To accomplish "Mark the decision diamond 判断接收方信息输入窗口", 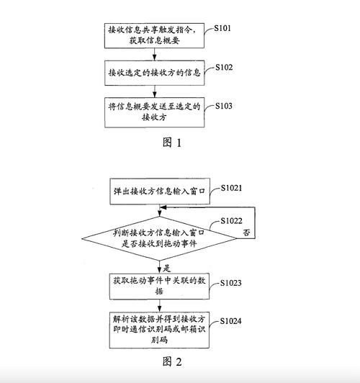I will coord(156,238).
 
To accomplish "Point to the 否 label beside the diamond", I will coord(247,235).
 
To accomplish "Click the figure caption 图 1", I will coord(172,142).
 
